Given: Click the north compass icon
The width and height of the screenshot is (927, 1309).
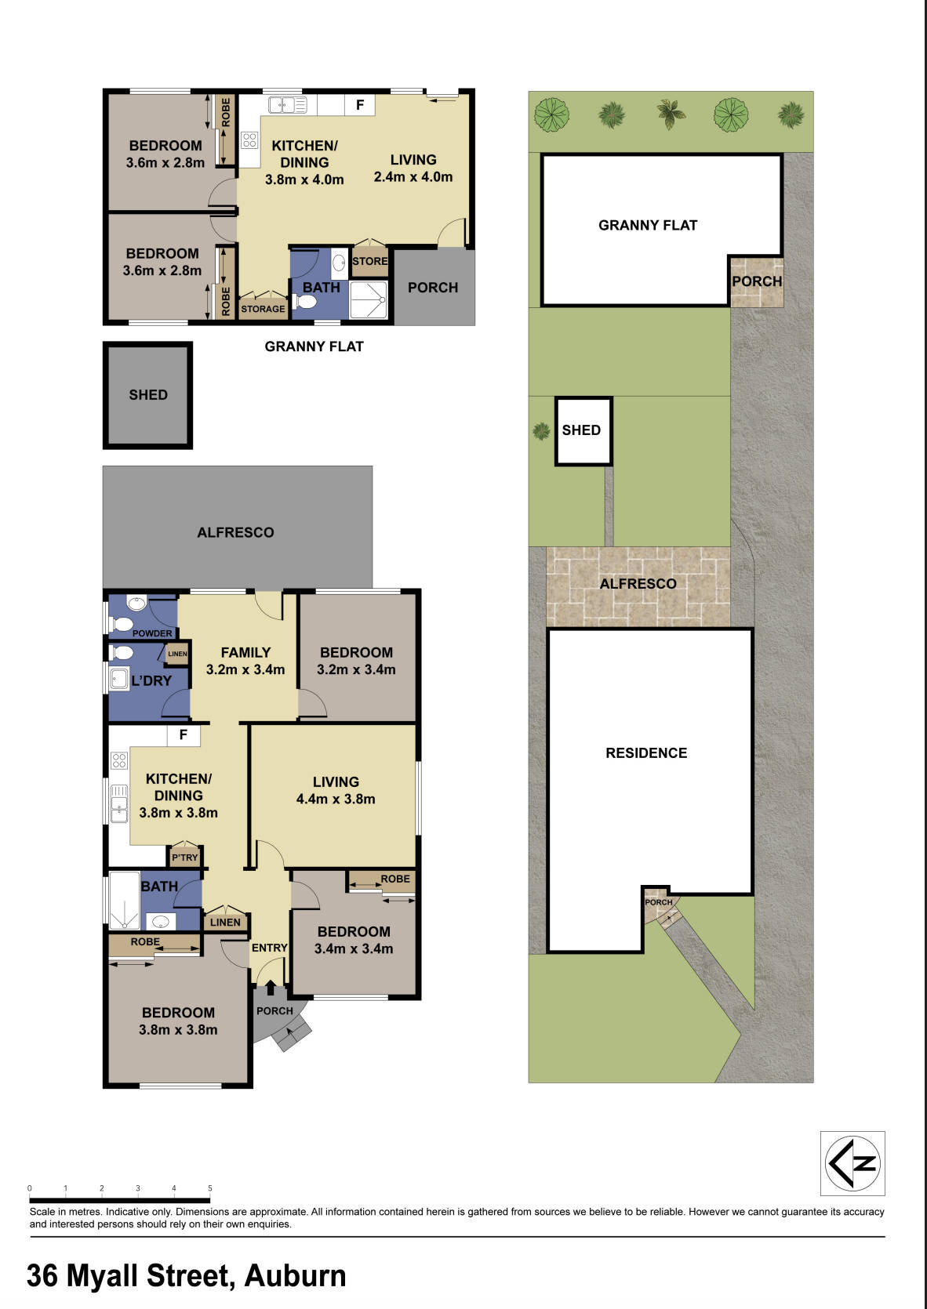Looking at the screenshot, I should pyautogui.click(x=852, y=1163).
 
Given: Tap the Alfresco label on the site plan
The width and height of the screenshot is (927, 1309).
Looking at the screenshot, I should pyautogui.click(x=638, y=584).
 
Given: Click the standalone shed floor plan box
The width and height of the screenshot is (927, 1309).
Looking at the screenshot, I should pyautogui.click(x=147, y=395).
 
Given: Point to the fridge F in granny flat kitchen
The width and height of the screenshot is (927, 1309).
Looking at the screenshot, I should pyautogui.click(x=360, y=105).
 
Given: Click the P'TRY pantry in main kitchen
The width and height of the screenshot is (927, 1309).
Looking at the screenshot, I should pyautogui.click(x=185, y=858).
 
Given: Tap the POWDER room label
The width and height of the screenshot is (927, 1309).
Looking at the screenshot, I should pyautogui.click(x=152, y=633).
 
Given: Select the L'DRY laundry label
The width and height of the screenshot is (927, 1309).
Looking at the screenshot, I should pyautogui.click(x=151, y=680).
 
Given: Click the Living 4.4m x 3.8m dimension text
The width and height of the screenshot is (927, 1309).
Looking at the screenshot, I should pyautogui.click(x=336, y=800).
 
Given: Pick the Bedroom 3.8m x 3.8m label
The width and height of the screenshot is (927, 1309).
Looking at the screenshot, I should pyautogui.click(x=178, y=1021).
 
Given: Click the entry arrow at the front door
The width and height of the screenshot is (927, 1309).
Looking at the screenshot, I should pyautogui.click(x=271, y=987).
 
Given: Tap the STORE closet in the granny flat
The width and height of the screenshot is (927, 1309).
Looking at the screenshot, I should pyautogui.click(x=369, y=261).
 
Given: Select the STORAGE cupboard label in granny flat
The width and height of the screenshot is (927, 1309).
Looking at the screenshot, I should pyautogui.click(x=263, y=309).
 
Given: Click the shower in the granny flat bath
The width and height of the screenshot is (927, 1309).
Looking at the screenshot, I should pyautogui.click(x=368, y=299).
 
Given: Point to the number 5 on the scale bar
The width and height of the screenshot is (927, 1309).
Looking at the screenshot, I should pyautogui.click(x=210, y=1188).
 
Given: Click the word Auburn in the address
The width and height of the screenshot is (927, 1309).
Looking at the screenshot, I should pyautogui.click(x=295, y=1276).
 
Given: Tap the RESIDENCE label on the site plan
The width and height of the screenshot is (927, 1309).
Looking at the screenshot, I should pyautogui.click(x=646, y=753).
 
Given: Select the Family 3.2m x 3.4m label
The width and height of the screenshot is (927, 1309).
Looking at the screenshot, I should pyautogui.click(x=245, y=661).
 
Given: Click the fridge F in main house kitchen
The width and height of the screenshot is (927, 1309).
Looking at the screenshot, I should pyautogui.click(x=184, y=735).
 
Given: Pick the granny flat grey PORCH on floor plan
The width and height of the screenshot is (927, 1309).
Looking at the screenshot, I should pyautogui.click(x=433, y=288).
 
